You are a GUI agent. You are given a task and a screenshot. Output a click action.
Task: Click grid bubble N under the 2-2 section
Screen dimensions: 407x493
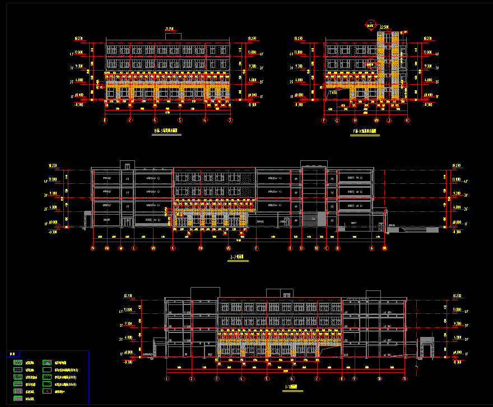pyautogui.click(x=93, y=248)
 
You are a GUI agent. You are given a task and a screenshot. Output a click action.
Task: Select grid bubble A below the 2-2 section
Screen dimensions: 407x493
pyautogui.click(x=371, y=248)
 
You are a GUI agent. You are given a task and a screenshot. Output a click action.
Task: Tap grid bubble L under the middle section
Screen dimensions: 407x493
pyautogui.click(x=134, y=248)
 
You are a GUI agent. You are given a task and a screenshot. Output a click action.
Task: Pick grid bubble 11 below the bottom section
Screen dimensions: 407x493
pyautogui.click(x=404, y=379)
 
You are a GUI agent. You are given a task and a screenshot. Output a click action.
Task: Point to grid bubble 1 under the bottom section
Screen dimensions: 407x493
pyautogui.click(x=167, y=379)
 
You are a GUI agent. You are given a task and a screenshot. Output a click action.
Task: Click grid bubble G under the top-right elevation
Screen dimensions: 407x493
pyautogui.click(x=337, y=120)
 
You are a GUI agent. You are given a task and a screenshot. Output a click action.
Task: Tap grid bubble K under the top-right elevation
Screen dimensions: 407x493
pyautogui.click(x=407, y=120)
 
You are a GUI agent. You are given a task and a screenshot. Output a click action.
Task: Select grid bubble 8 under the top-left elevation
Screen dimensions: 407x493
pyautogui.click(x=105, y=120)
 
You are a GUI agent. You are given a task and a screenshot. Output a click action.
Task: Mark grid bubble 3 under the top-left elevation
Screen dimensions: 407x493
pyautogui.click(x=230, y=120)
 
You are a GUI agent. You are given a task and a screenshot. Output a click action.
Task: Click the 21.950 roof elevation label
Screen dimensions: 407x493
pyautogui.click(x=169, y=29)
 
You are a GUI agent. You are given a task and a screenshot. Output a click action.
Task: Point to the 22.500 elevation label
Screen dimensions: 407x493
pyautogui.click(x=384, y=27)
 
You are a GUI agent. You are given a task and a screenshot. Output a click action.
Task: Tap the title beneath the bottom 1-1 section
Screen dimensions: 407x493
pyautogui.click(x=291, y=387)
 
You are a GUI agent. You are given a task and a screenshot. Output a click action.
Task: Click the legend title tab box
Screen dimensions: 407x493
pyautogui.click(x=13, y=354)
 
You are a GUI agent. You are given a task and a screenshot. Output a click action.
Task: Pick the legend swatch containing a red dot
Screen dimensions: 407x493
pyautogui.click(x=47, y=391)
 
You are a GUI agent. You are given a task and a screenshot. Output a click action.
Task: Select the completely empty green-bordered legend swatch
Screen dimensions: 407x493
pyautogui.click(x=47, y=370)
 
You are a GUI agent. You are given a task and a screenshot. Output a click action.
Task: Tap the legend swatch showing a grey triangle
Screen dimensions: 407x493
pyautogui.click(x=47, y=363)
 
